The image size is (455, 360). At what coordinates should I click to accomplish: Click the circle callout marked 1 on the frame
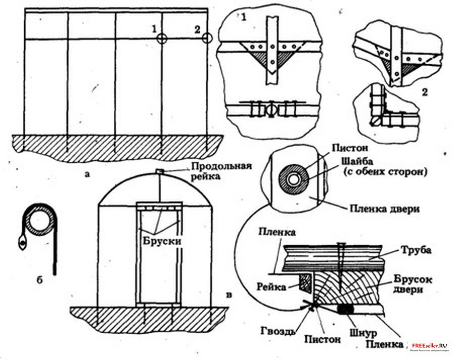coord(161,38)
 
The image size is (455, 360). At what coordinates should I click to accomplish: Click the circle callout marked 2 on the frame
coord(206,38)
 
